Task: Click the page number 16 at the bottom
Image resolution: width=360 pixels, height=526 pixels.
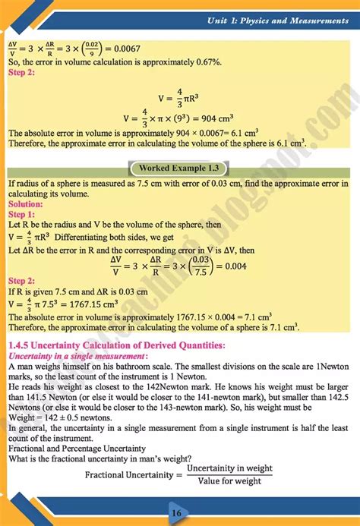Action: pos(176,513)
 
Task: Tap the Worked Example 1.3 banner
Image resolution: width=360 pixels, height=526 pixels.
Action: pos(180,168)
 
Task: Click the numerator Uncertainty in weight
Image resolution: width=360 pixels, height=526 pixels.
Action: pos(229,468)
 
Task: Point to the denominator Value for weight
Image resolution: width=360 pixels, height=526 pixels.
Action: pos(229,481)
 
